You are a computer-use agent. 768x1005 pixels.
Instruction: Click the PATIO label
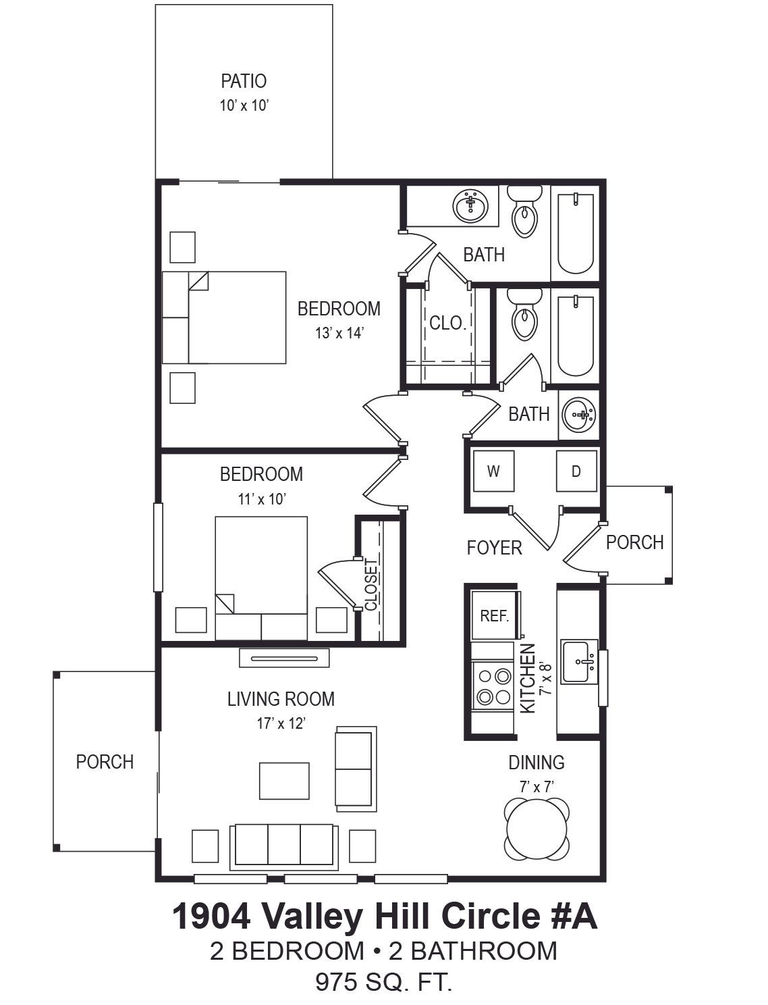coord(244,81)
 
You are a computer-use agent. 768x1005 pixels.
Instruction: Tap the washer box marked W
coord(493,471)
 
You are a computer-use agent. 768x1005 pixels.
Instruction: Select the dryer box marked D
coord(576,471)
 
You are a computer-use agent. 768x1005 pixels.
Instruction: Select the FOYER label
coord(495,548)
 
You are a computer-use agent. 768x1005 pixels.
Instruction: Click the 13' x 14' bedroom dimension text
coord(339,333)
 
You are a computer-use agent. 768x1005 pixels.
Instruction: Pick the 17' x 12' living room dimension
coord(281,723)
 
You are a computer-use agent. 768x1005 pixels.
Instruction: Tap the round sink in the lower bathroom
coord(579,415)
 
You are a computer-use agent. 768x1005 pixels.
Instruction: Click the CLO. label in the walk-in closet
coord(448,324)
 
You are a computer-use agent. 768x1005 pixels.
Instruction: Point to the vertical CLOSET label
coord(371,585)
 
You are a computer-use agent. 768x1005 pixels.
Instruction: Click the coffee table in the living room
coord(284,781)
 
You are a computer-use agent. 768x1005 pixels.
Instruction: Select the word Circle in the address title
coord(489,916)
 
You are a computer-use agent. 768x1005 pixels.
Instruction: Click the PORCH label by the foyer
coord(635,542)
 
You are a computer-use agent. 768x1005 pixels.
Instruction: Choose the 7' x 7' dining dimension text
coord(537,787)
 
